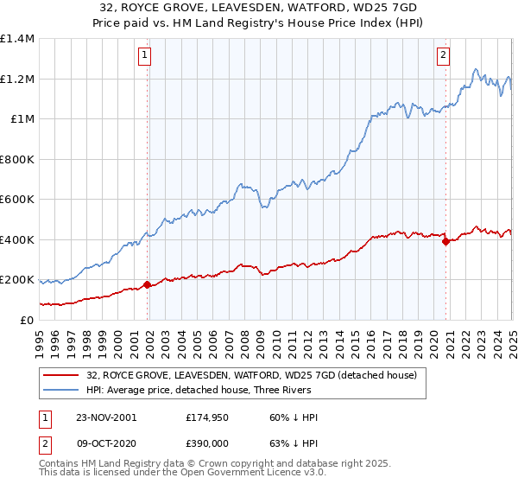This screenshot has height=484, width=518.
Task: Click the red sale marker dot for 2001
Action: pos(148,283)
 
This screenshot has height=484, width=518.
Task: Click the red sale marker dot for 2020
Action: pos(445,242)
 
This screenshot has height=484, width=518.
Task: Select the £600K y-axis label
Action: pos(17,200)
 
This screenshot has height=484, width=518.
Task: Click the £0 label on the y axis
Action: pos(25,320)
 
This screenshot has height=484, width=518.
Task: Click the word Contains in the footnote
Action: pos(61,465)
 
